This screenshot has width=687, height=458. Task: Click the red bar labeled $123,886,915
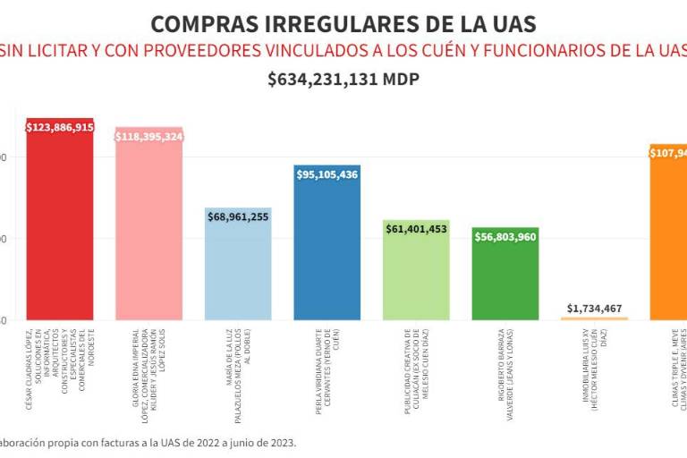tap(59, 224)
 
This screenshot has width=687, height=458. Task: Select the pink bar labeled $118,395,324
tap(148, 228)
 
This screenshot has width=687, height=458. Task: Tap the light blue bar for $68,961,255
tap(238, 268)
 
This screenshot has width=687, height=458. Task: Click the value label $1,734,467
tap(595, 308)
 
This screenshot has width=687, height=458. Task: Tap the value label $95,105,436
tap(327, 174)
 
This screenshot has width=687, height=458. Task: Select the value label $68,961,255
tap(238, 216)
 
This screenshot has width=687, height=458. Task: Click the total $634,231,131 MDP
tap(343, 79)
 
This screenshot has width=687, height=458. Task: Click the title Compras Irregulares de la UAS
tap(343, 23)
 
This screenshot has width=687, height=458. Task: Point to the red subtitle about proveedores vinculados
tap(343, 50)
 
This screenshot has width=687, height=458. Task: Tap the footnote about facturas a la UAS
tap(148, 442)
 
